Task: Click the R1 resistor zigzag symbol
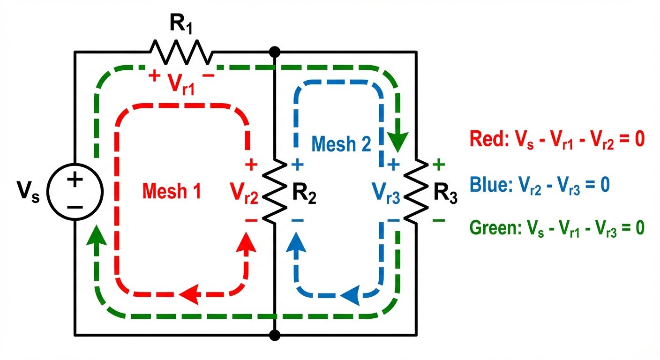pyautogui.click(x=181, y=52)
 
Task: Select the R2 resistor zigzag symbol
pyautogui.click(x=275, y=192)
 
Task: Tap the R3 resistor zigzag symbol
pyautogui.click(x=415, y=192)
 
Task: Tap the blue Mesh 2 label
pyautogui.click(x=341, y=143)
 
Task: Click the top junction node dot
pyautogui.click(x=275, y=51)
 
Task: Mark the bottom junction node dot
pyautogui.click(x=275, y=335)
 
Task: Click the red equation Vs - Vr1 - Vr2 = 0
pyautogui.click(x=555, y=140)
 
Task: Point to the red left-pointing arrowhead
pyautogui.click(x=190, y=294)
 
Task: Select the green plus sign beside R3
pyautogui.click(x=438, y=165)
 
